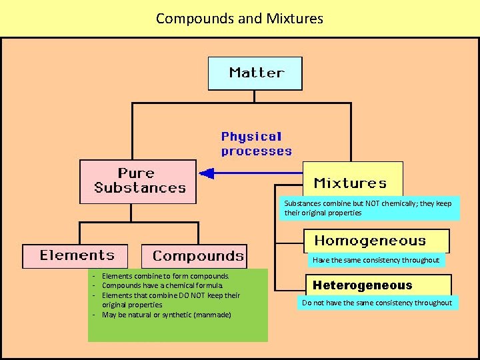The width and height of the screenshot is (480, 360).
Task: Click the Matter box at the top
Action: point(255,73)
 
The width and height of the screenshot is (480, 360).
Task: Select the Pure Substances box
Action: point(138,181)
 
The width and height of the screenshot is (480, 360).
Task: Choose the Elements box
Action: point(78,256)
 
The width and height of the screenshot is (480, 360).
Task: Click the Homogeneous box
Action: point(376,241)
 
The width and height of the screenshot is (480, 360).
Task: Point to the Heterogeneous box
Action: point(363,285)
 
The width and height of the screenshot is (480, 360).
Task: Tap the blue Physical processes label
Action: point(256,144)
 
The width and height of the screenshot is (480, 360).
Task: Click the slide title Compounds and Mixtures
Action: point(239,18)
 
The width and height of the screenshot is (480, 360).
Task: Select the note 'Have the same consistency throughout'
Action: point(376,260)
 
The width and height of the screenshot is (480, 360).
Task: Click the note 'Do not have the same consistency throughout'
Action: point(377,303)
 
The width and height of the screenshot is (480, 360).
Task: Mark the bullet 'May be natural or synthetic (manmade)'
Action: point(166,315)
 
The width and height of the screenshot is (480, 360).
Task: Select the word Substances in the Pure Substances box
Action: point(140,188)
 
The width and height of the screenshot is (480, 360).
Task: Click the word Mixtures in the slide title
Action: point(294,18)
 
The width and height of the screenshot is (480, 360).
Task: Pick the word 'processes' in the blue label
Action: point(257,151)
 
